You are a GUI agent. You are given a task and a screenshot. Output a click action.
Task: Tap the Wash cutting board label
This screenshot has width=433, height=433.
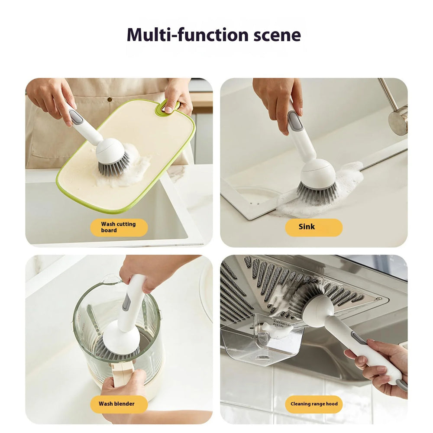[x=119, y=227]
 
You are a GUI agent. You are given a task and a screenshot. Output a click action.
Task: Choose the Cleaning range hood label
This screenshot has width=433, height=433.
[x=313, y=404]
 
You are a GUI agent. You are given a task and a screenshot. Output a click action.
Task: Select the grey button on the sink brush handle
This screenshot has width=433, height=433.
[x=295, y=121]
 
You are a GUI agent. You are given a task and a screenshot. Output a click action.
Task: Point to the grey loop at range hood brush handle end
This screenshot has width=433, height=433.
[x=402, y=385]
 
